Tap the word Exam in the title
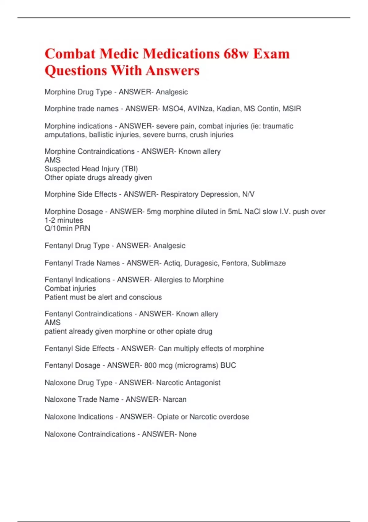click(x=271, y=54)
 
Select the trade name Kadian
click(x=228, y=109)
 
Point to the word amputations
click(x=65, y=135)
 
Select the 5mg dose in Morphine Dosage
click(x=154, y=212)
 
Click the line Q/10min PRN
click(x=67, y=228)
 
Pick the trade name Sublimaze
click(x=268, y=263)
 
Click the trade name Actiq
click(x=172, y=263)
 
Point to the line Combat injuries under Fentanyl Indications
click(x=70, y=289)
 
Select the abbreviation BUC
click(x=228, y=365)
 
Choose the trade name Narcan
click(x=174, y=399)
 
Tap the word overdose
click(x=234, y=417)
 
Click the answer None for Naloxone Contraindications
click(x=188, y=434)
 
